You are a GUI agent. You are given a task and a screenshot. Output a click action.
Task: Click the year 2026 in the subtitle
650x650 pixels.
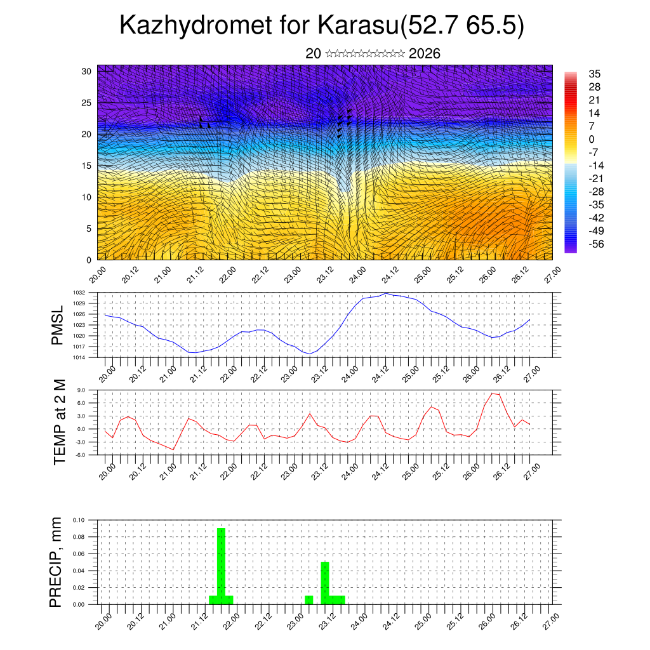point(425,54)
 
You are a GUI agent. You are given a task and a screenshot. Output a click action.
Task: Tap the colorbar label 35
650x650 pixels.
point(595,74)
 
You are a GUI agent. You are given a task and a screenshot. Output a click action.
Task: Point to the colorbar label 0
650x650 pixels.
point(592,139)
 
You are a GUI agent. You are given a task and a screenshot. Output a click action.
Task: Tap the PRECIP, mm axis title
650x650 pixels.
point(57,562)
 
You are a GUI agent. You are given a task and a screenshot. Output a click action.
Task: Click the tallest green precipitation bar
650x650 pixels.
point(221,565)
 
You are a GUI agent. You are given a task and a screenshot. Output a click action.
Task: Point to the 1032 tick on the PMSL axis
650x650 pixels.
point(79,293)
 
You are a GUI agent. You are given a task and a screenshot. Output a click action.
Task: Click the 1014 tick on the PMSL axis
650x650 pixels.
point(79,357)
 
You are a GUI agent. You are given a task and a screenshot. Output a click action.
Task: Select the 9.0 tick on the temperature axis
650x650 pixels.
point(81,390)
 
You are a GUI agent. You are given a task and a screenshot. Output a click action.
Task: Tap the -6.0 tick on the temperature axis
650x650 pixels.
point(80,454)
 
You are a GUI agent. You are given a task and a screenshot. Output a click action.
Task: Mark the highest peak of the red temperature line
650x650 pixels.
point(493,394)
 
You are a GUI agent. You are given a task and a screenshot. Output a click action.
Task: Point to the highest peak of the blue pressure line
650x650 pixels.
point(385,293)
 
